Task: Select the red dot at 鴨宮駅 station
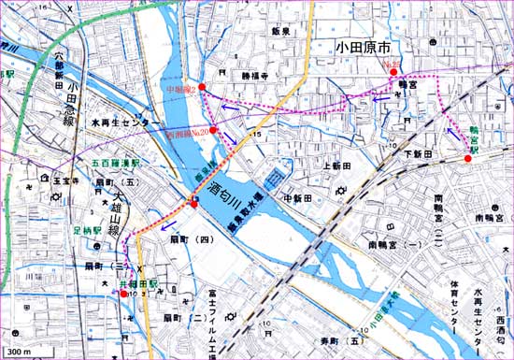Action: [x=467, y=159]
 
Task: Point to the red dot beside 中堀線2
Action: [x=202, y=87]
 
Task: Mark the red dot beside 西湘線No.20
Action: [x=213, y=130]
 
